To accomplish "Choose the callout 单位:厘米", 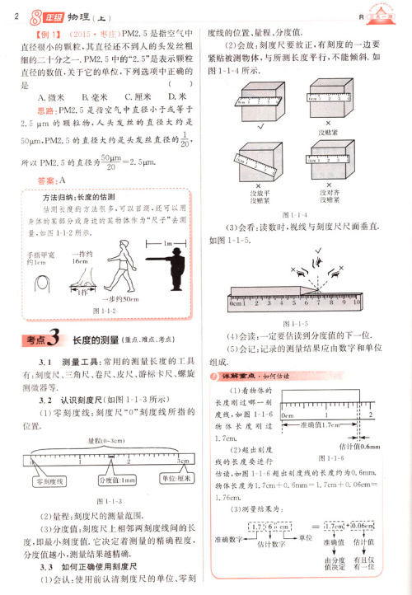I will click(x=175, y=480).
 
